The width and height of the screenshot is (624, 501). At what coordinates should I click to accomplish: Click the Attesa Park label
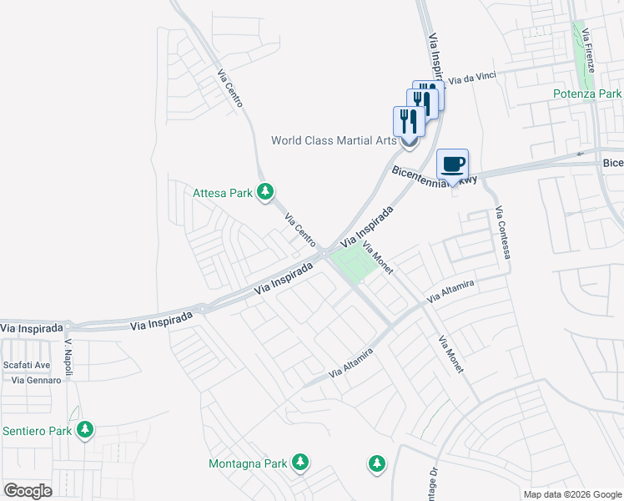[x=222, y=193]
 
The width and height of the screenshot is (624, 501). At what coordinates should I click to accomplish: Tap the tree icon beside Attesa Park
[x=265, y=193]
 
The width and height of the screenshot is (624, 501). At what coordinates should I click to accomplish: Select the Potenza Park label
[x=587, y=94]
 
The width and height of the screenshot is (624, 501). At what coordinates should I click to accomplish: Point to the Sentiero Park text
[x=37, y=431]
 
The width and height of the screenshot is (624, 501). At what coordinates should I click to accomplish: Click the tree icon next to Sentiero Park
[x=84, y=430]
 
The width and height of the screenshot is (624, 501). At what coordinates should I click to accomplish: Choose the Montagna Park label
[x=247, y=463]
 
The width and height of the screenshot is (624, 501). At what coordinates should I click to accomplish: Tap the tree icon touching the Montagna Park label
[x=299, y=462]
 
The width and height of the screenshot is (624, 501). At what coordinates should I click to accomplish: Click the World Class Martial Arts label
[x=334, y=140]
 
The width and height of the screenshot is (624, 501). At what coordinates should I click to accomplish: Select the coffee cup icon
[x=452, y=164]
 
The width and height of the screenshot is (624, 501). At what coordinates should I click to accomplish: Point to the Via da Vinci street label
[x=472, y=78]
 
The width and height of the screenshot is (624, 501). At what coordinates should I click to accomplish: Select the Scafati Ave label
[x=27, y=365]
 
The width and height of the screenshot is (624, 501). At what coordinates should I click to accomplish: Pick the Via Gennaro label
[x=36, y=380]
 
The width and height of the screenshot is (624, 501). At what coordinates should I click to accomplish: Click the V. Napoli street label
[x=68, y=357]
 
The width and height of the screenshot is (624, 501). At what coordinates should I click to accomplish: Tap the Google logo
[x=28, y=490]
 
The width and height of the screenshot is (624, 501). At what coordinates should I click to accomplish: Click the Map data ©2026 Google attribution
[x=571, y=494]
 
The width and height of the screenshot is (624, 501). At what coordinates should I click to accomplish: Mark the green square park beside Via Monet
[x=354, y=265]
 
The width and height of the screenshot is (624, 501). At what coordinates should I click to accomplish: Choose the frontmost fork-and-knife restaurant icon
[x=409, y=122]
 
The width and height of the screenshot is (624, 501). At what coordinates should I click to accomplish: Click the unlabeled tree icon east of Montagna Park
[x=376, y=462]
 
